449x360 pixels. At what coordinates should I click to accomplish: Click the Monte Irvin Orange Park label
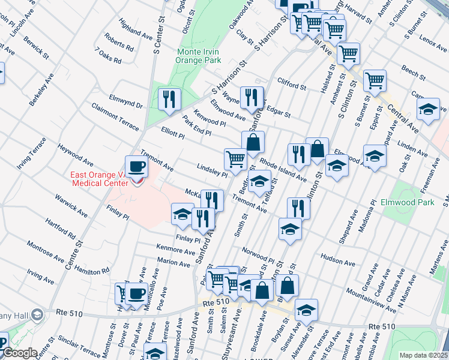199,56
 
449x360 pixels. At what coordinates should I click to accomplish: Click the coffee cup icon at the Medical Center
136,167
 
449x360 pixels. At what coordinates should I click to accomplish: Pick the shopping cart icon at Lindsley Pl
235,160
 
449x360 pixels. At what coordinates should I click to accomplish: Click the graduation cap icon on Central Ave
428,110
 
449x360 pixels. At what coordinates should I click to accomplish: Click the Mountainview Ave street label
372,303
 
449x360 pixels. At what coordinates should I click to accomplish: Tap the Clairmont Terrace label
115,116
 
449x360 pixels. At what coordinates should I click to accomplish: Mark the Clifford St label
292,83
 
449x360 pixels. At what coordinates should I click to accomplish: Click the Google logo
20,353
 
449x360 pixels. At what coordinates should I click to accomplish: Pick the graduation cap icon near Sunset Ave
306,310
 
